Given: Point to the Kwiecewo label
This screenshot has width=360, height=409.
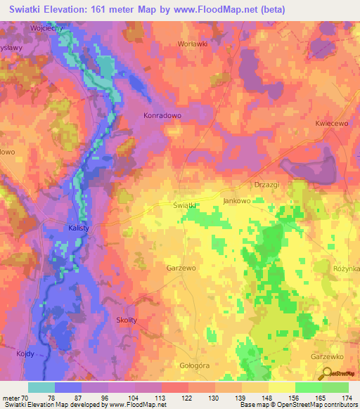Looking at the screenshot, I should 333,122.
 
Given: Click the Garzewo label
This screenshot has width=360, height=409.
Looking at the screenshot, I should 181,268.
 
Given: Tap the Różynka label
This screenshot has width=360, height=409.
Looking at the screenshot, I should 346,268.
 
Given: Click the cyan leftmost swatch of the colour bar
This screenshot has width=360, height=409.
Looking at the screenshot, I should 41,387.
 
